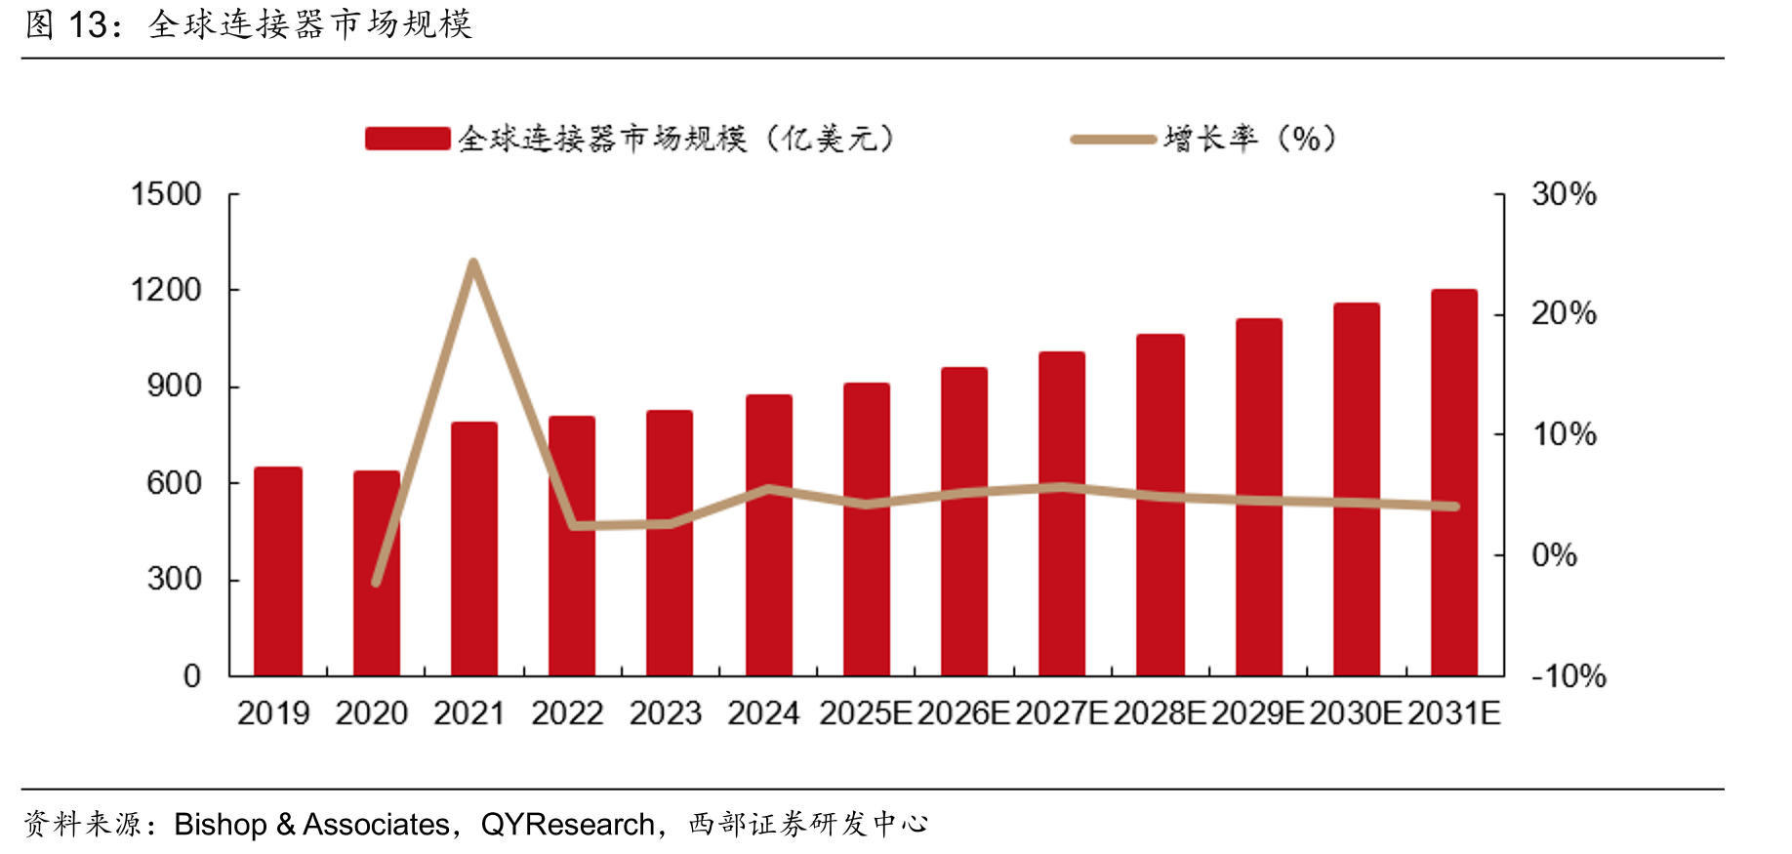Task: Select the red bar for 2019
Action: click(x=278, y=571)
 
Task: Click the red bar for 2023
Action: click(x=670, y=543)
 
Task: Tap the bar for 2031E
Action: click(x=1454, y=482)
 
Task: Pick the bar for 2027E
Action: click(x=1062, y=513)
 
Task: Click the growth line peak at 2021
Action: click(x=473, y=263)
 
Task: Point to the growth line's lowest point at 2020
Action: click(x=376, y=583)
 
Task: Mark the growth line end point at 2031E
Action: click(x=1454, y=507)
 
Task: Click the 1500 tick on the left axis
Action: click(x=167, y=194)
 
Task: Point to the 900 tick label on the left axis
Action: click(x=175, y=386)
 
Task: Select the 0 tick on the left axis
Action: click(x=192, y=675)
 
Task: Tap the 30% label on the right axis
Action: click(x=1565, y=194)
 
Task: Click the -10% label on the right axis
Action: click(x=1568, y=675)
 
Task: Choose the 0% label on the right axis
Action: click(x=1555, y=555)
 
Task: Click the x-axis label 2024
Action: click(x=763, y=713)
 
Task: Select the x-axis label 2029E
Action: click(x=1258, y=713)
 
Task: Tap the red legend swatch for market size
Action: click(x=408, y=139)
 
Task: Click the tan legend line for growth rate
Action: click(x=1114, y=140)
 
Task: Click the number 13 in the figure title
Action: click(x=88, y=24)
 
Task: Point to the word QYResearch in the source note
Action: click(x=568, y=825)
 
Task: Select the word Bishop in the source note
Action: click(x=221, y=825)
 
